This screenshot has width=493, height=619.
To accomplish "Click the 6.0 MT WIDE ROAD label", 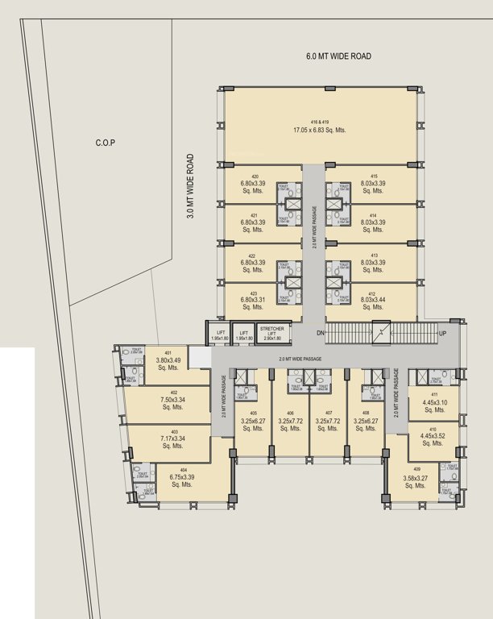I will pyautogui.click(x=338, y=56).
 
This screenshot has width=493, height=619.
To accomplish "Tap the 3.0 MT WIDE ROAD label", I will pyautogui.click(x=191, y=187).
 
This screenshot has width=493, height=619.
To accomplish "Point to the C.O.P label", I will pyautogui.click(x=105, y=143).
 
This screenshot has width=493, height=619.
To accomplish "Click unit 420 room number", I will pyautogui.click(x=253, y=176).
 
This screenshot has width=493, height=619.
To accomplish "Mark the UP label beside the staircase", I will pyautogui.click(x=441, y=333).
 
